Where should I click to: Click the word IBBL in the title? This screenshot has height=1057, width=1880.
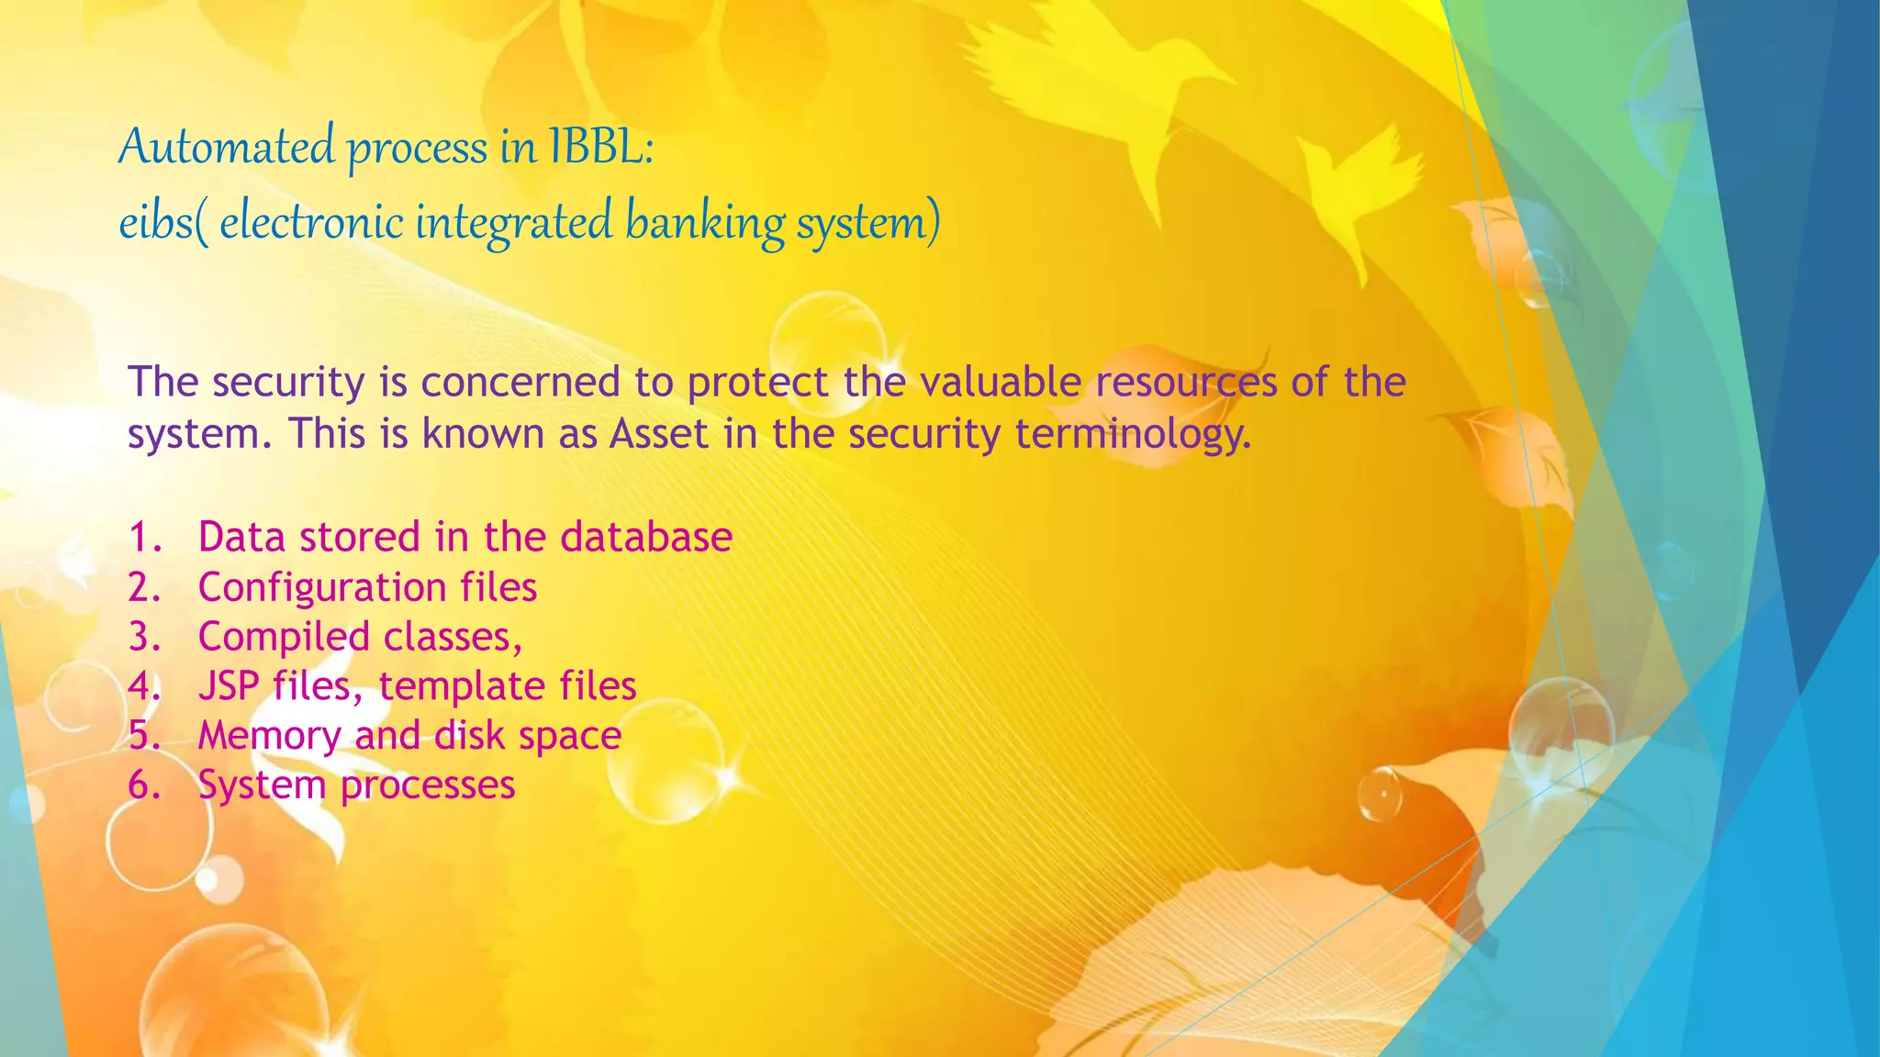pos(601,147)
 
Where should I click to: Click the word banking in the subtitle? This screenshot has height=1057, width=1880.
pos(706,223)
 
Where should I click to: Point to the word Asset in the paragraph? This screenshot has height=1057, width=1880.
pos(659,434)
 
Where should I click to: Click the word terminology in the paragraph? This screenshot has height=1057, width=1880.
pos(1133,434)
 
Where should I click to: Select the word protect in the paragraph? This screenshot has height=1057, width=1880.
pos(758,382)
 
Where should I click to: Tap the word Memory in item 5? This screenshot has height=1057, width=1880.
pos(269,736)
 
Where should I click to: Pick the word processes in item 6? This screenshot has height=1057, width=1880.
pos(428,785)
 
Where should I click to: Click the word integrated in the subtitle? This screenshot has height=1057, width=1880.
pos(513,223)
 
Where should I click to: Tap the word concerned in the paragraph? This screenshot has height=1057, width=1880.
pos(520,382)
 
